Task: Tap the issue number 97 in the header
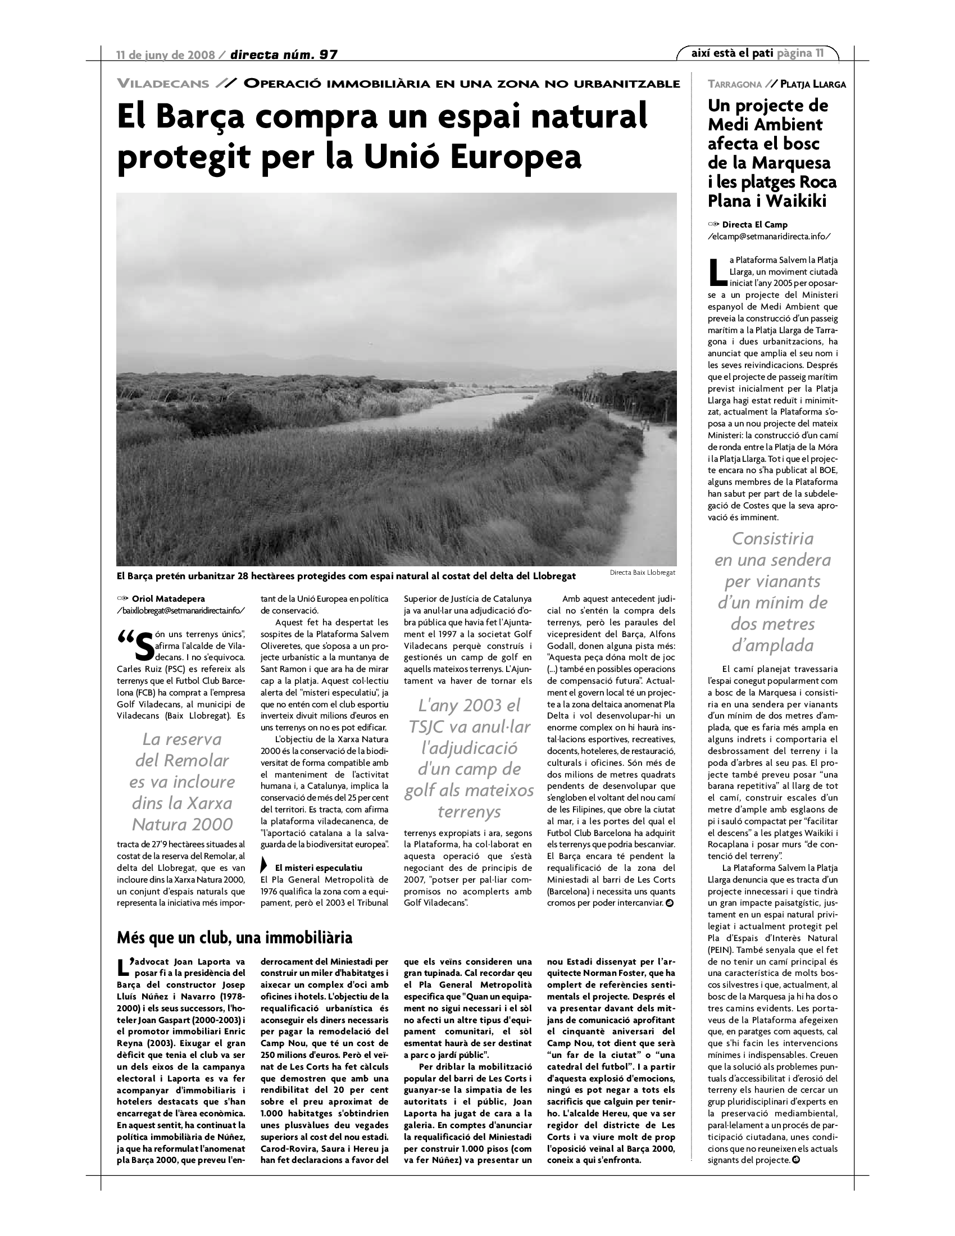[x=328, y=55]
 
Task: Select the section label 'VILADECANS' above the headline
[x=163, y=84]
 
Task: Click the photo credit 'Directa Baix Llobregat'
[x=642, y=572]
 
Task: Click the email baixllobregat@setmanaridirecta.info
[x=181, y=610]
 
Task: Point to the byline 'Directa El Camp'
[x=754, y=225]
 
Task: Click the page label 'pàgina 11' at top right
[x=800, y=53]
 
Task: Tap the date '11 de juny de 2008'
[x=165, y=55]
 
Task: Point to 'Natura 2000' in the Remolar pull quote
[x=182, y=824]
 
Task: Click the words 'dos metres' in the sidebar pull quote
[x=772, y=624]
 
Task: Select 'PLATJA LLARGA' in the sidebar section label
[x=812, y=85]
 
